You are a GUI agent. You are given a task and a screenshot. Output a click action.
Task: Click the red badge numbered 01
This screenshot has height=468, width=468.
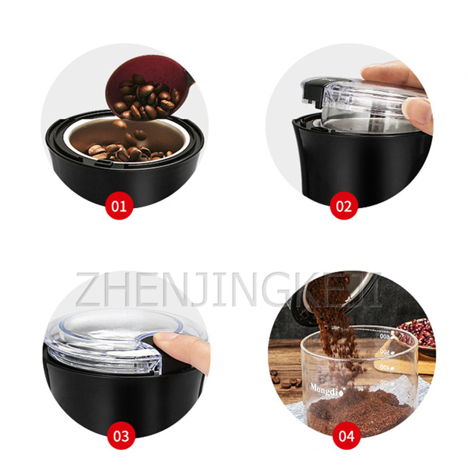119,205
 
